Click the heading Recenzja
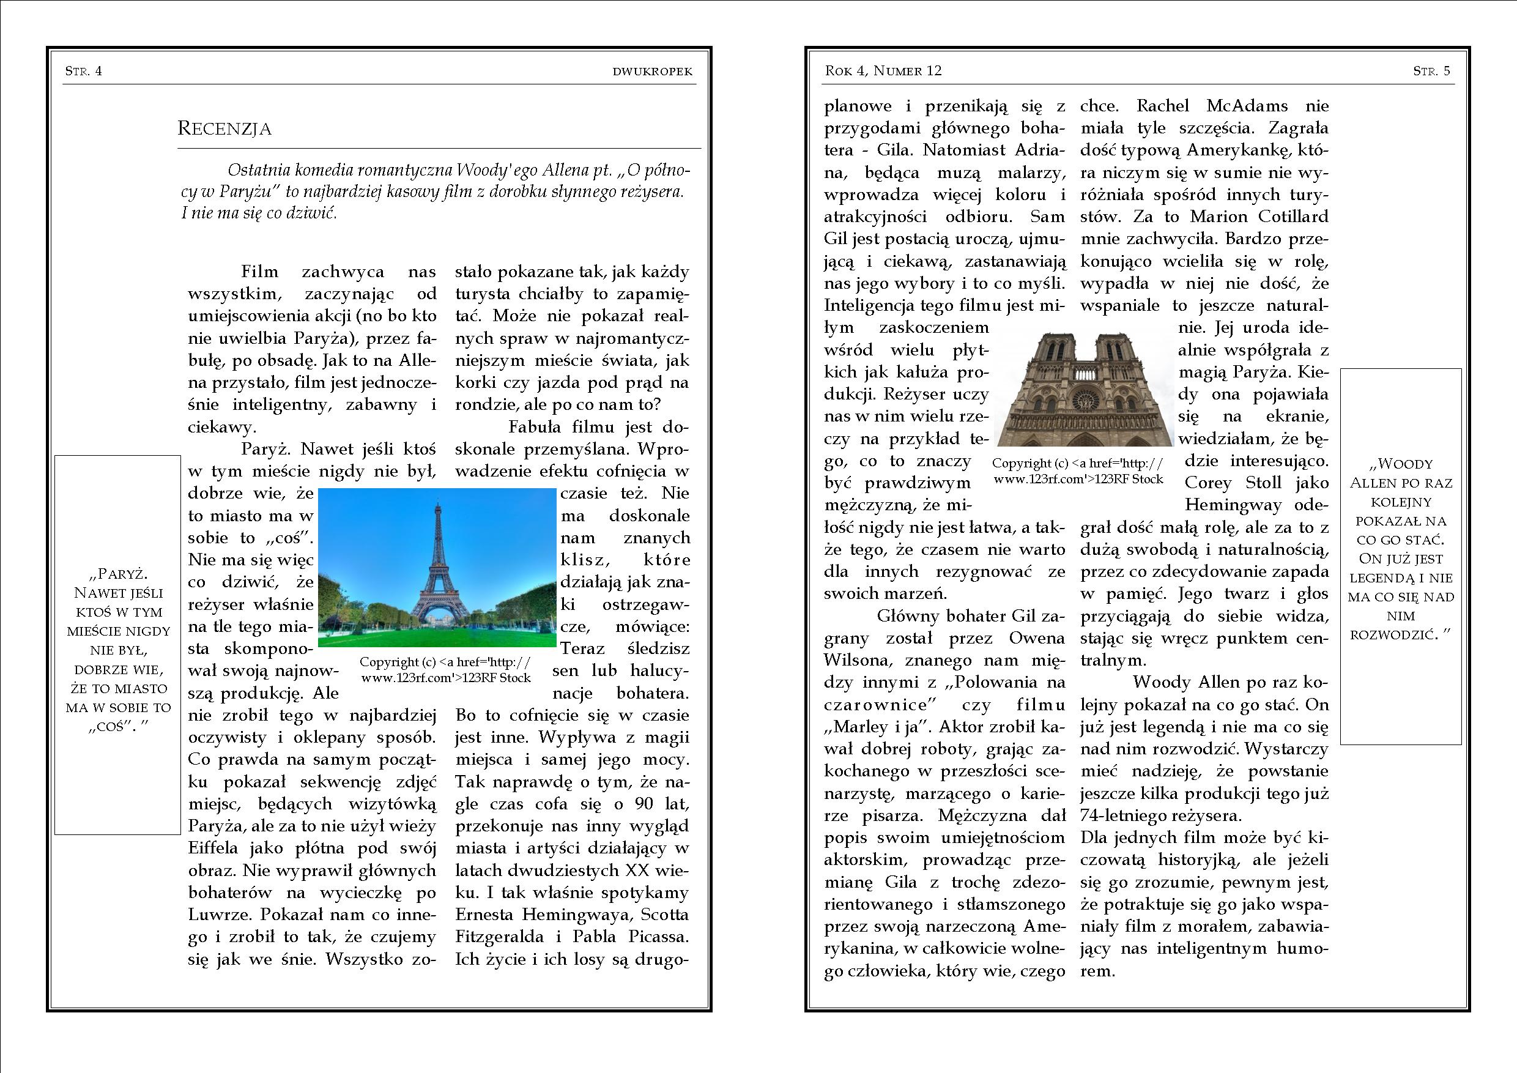coord(224,128)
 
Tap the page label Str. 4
coord(83,71)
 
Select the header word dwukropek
coord(652,72)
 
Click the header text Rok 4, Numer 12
coord(883,71)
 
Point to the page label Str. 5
coord(1431,71)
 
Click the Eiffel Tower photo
coord(437,568)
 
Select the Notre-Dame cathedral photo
coord(1083,390)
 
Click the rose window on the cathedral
coord(1083,401)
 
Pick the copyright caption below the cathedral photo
coord(1078,471)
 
